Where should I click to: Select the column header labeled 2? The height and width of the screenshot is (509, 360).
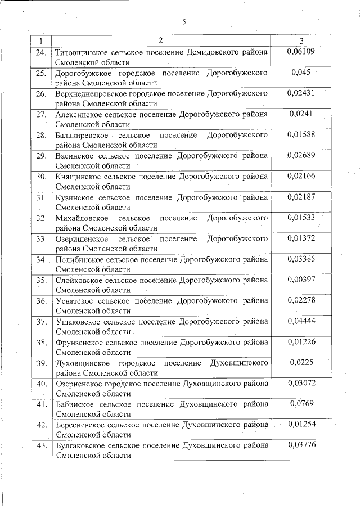click(x=160, y=41)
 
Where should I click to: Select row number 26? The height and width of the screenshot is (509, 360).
click(x=41, y=93)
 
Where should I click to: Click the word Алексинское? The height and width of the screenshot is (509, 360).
click(x=79, y=114)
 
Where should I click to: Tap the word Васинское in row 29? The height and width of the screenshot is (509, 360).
click(x=75, y=156)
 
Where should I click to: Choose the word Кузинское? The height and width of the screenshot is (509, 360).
click(x=76, y=197)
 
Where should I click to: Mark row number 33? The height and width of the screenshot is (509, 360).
click(x=41, y=239)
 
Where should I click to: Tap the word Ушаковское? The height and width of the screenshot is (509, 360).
click(x=78, y=322)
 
